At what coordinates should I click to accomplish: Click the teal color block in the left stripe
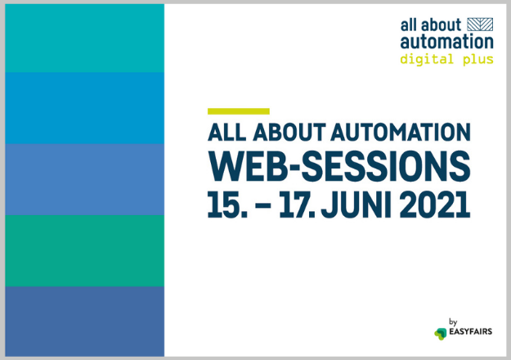(85, 38)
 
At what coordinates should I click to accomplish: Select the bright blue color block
(85, 108)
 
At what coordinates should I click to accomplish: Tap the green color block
(85, 250)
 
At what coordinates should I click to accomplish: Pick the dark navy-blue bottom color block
(85, 322)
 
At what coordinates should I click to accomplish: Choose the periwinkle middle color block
(85, 180)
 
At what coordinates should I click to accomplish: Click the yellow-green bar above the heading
(239, 111)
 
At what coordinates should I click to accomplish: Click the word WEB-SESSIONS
(339, 166)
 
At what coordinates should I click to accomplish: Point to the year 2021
(435, 205)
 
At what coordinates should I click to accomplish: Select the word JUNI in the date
(356, 205)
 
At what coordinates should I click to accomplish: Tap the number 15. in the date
(227, 205)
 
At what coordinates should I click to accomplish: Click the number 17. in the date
(297, 205)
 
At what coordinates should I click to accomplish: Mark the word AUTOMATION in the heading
(401, 132)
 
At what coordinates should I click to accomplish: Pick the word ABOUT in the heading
(289, 132)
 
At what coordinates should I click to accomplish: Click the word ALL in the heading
(226, 132)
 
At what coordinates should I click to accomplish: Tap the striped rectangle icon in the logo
(480, 25)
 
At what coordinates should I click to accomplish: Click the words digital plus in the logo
(446, 60)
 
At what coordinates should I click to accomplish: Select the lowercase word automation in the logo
(446, 42)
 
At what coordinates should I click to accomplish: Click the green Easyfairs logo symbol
(441, 334)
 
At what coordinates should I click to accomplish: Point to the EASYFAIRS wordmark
(471, 331)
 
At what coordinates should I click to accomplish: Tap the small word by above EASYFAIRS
(453, 322)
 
